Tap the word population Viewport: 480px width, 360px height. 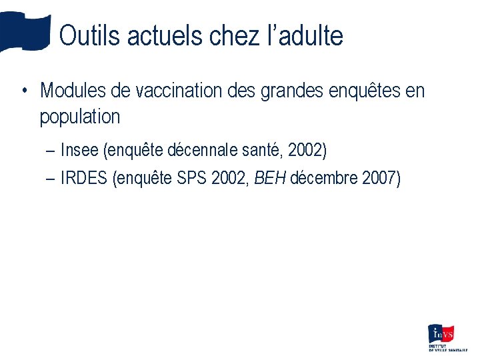pos(80,117)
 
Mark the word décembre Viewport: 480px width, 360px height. pos(325,179)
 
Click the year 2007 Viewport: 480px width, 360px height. pos(381,179)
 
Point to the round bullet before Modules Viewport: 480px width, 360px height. pos(23,91)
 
